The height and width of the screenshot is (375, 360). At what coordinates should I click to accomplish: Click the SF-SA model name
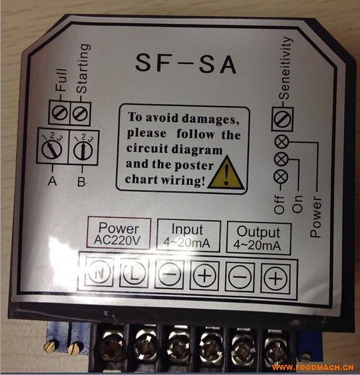tap(186, 64)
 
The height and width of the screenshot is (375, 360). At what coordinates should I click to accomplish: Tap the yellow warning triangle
tap(226, 173)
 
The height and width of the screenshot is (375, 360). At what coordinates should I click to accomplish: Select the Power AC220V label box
tap(119, 233)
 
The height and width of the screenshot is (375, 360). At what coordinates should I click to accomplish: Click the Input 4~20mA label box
tap(188, 236)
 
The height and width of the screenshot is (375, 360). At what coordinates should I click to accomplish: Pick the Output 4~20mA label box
tap(258, 238)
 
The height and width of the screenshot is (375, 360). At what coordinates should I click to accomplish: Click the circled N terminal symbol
tap(99, 272)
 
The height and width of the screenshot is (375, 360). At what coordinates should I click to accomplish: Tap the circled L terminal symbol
tap(134, 273)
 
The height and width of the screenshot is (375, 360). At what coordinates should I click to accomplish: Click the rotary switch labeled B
tap(83, 150)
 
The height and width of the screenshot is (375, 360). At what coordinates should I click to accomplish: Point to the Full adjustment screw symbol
tap(60, 112)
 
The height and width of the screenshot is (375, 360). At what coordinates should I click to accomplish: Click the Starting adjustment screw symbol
tap(80, 113)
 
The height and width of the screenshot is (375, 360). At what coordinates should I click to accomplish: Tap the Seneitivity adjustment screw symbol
tap(282, 119)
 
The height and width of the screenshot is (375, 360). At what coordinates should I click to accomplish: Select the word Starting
tap(83, 68)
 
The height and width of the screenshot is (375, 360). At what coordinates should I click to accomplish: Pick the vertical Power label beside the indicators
tap(315, 217)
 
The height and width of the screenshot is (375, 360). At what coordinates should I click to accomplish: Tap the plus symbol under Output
tap(276, 278)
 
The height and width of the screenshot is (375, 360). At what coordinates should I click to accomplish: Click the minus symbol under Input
tap(169, 274)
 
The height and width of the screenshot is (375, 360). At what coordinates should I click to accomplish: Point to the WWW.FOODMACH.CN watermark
tap(313, 367)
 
